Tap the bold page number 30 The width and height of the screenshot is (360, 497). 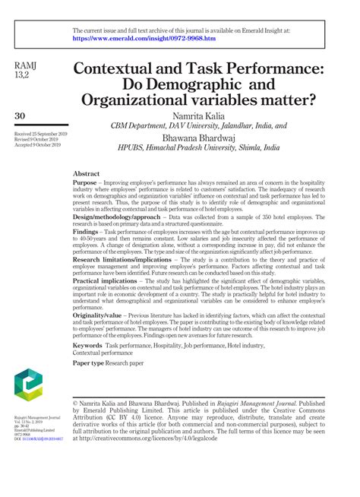[21, 115]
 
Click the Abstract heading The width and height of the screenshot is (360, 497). [87, 173]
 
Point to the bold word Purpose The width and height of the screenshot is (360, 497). [84, 183]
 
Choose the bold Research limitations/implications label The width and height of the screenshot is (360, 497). [122, 259]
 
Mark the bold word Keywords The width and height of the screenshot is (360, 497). [87, 345]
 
